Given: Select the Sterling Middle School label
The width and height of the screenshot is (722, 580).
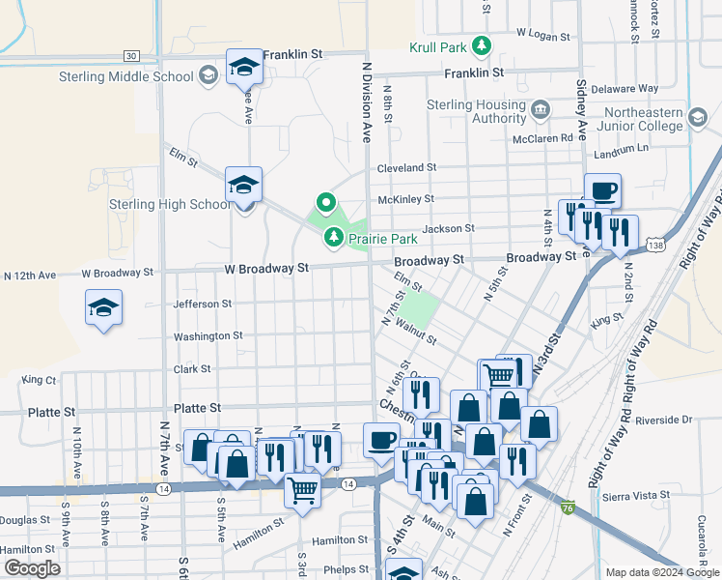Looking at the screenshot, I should (97, 76).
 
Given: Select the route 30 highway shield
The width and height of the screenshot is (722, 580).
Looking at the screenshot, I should (132, 57).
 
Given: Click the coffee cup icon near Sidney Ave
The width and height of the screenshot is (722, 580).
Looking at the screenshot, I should (602, 190).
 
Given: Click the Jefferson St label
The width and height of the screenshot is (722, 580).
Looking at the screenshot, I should (202, 304).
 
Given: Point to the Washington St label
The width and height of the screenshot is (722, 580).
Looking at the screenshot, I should (208, 336).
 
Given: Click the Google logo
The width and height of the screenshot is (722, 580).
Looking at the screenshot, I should (31, 568).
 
